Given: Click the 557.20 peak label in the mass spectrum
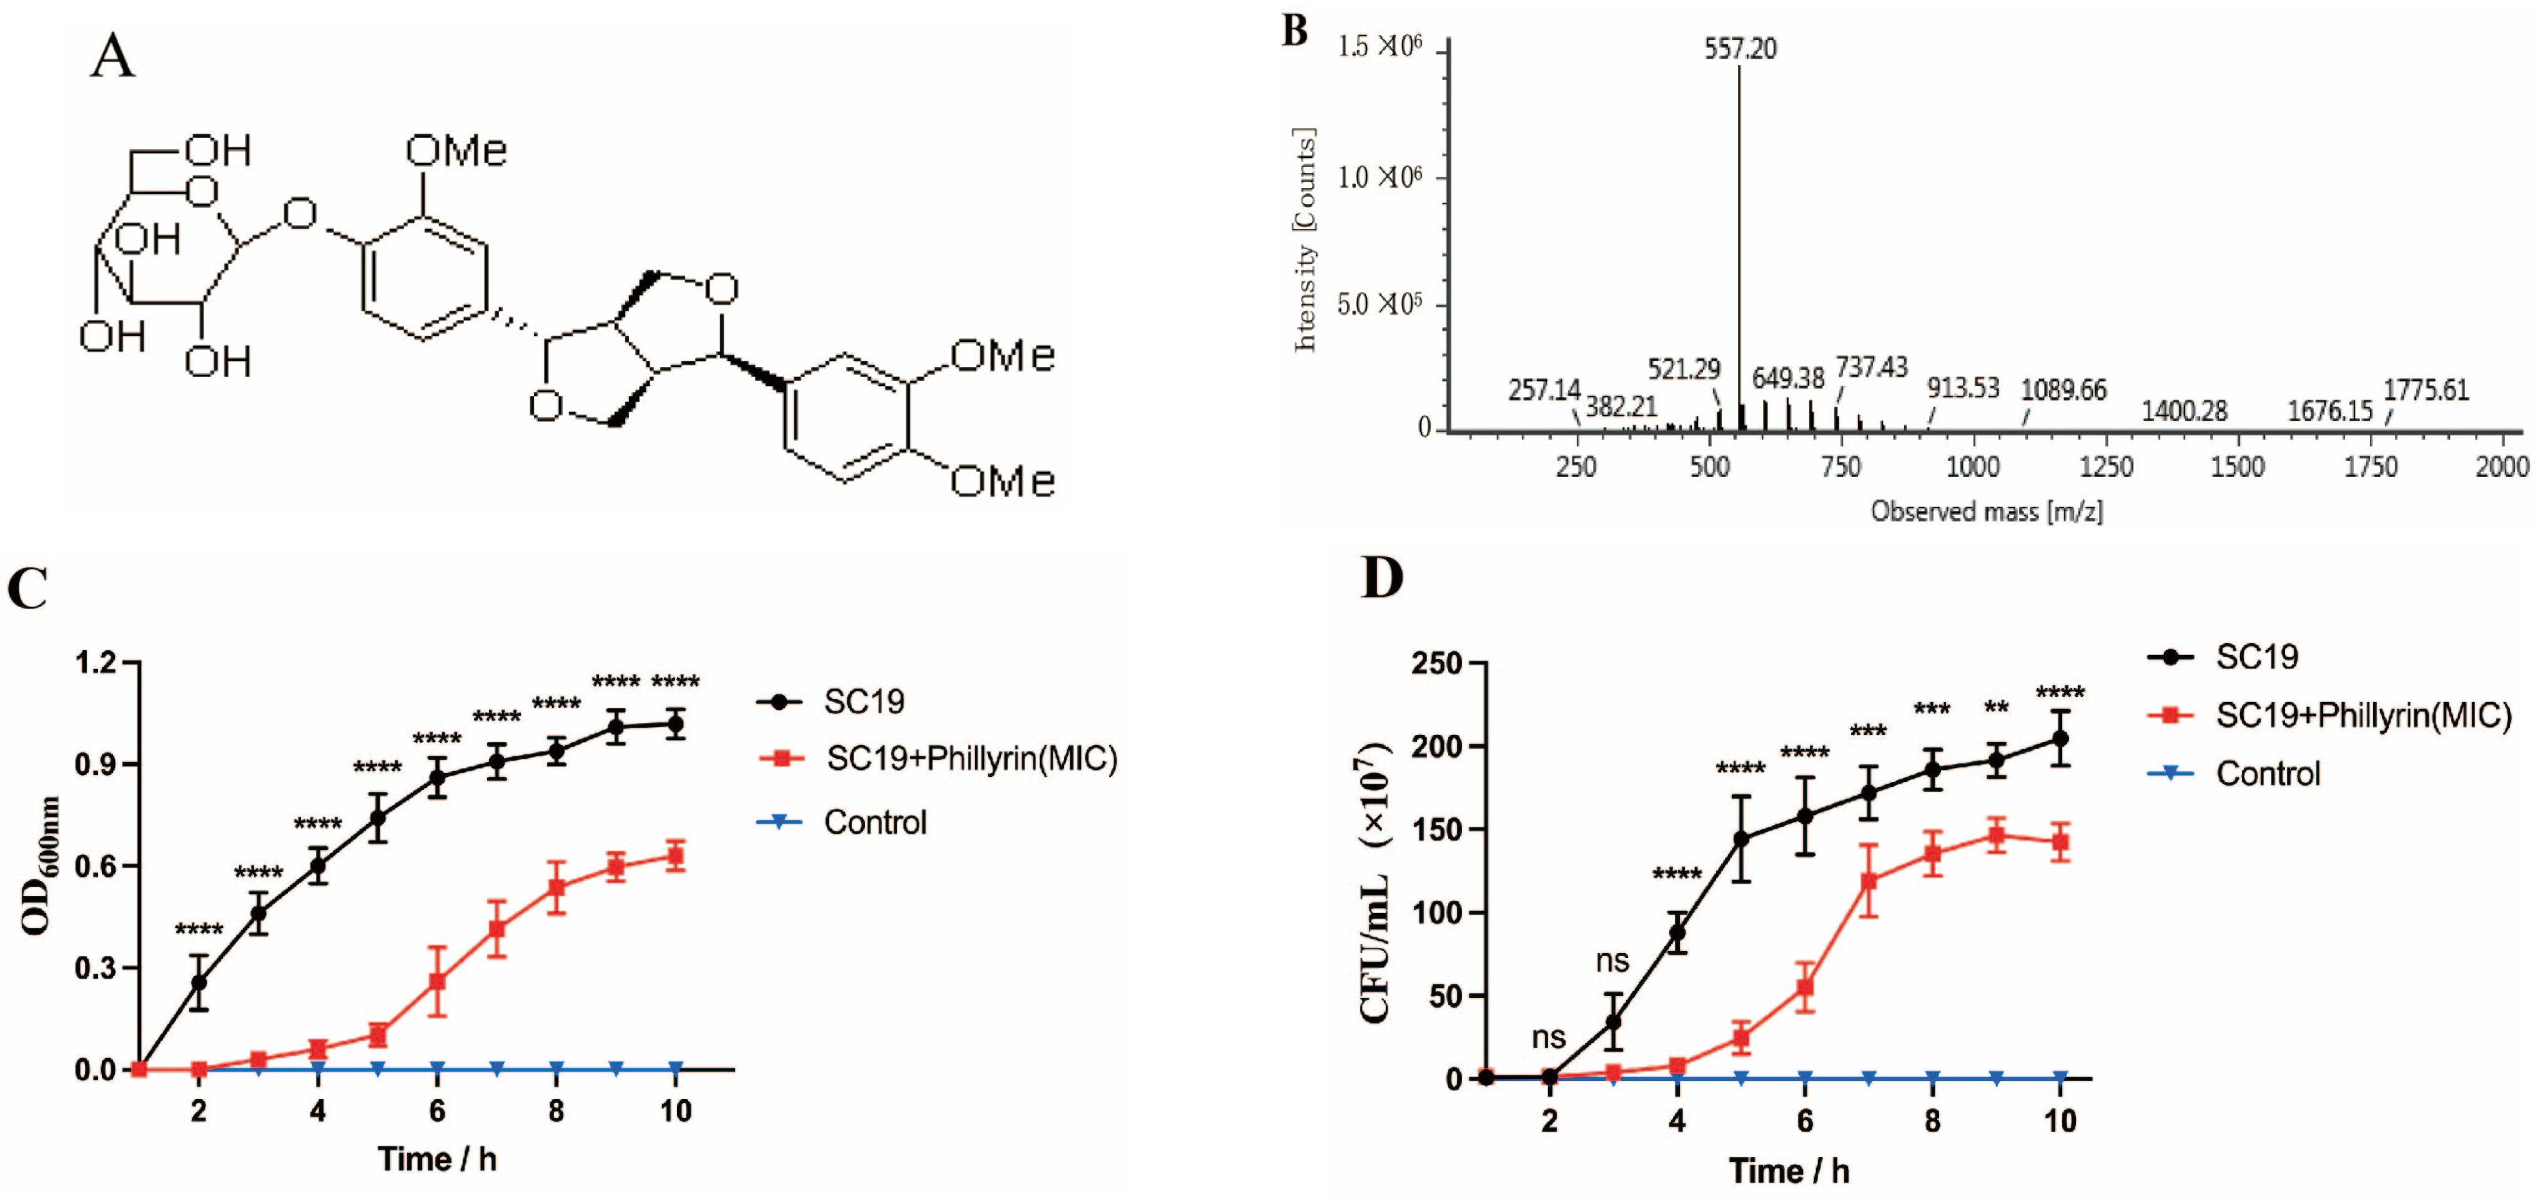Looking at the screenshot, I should [x=1740, y=48].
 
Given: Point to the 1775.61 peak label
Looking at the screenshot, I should [x=2426, y=390].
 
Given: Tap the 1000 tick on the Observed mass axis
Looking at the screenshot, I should [x=1972, y=466].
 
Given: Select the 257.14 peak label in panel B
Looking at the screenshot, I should [x=1544, y=390].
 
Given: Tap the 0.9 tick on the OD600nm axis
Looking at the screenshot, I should [x=96, y=764].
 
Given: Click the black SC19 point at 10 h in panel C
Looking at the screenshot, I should [x=675, y=724].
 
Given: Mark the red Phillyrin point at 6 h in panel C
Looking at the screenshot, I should [x=437, y=981].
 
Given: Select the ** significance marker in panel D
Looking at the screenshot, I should [x=1996, y=708].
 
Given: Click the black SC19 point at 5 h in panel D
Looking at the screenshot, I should [x=1741, y=839].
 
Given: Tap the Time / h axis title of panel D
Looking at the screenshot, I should [x=1789, y=1170].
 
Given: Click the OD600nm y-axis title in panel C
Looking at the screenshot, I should [x=41, y=865].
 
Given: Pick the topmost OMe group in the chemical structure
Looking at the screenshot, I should [x=456, y=150].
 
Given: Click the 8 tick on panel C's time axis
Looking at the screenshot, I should [x=556, y=1110].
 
